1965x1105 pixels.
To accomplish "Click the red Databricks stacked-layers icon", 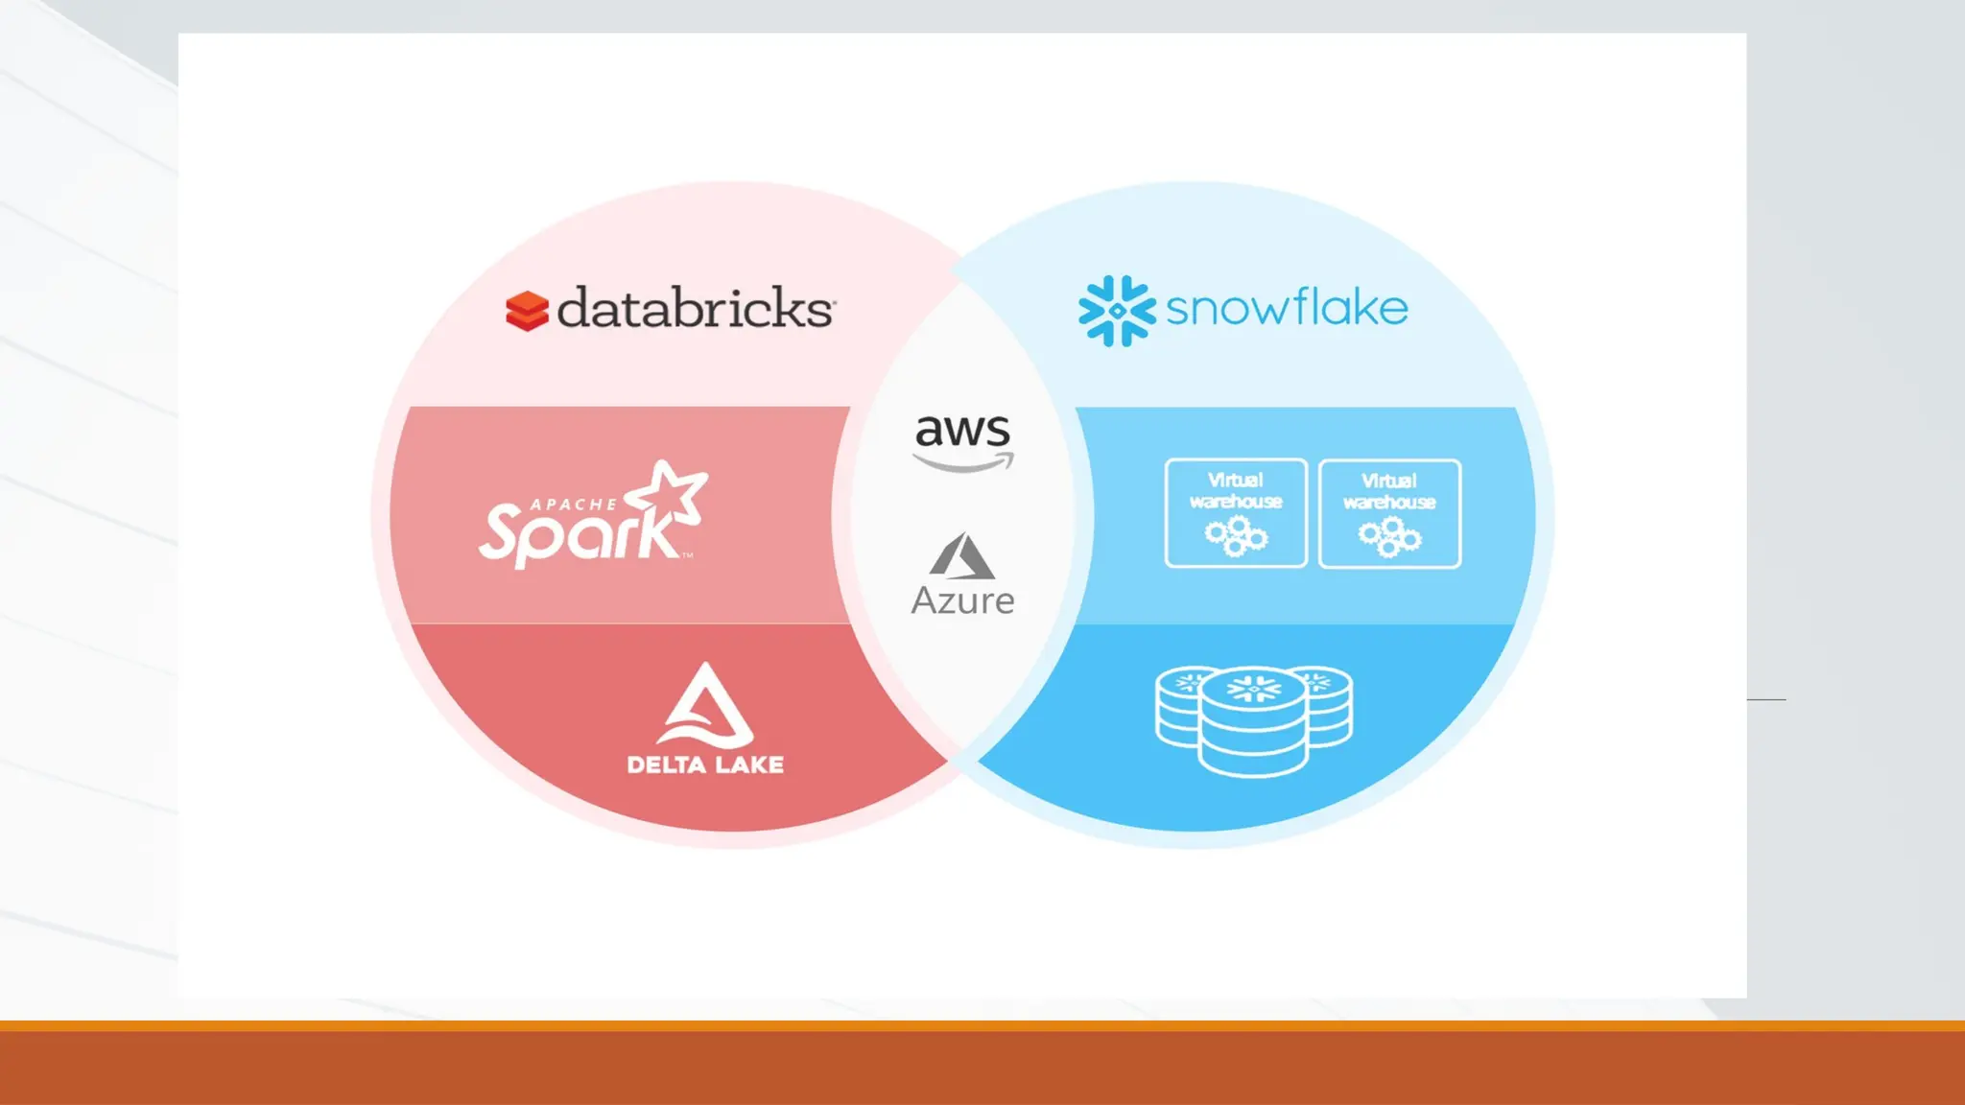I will [x=527, y=311].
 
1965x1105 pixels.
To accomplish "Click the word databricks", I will [x=696, y=308].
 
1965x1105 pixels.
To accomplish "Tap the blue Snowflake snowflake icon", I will [x=1117, y=311].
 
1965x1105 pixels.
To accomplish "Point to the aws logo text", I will [x=962, y=431].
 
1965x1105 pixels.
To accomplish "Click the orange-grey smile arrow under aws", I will [x=963, y=464].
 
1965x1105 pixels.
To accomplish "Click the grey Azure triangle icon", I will [x=961, y=556].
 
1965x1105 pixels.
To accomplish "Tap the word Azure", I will [x=962, y=601].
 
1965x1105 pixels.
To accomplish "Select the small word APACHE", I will [x=574, y=505].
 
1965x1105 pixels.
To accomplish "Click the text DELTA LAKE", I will [x=705, y=764].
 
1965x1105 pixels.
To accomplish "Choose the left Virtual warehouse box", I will [x=1236, y=513].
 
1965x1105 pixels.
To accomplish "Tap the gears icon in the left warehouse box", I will [x=1236, y=536].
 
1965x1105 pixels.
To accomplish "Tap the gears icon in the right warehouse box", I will [x=1389, y=537].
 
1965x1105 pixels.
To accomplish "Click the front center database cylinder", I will [x=1253, y=724].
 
